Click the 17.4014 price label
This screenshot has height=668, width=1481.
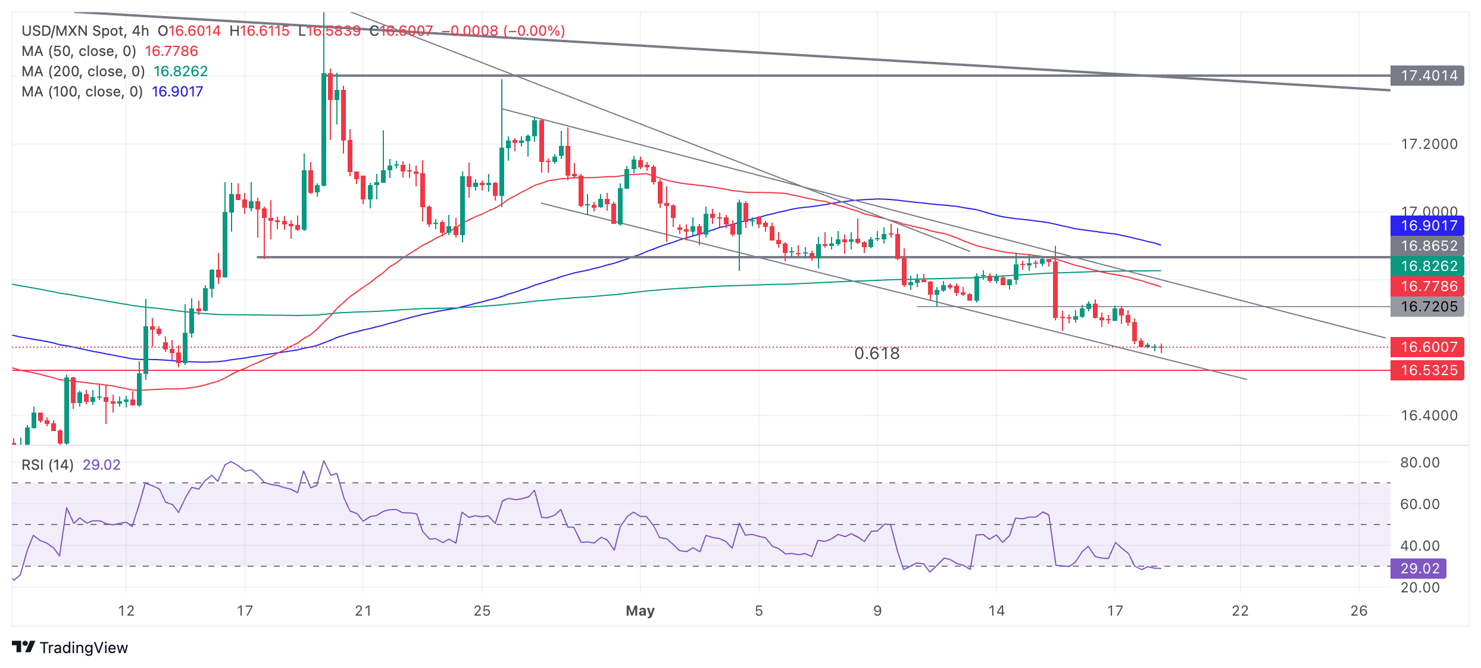point(1427,76)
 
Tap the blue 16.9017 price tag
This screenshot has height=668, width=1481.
point(1427,226)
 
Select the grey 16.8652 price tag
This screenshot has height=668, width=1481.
point(1427,246)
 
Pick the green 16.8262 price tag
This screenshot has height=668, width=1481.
point(1427,266)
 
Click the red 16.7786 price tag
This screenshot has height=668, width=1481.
point(1427,286)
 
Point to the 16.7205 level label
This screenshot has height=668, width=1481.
point(1427,307)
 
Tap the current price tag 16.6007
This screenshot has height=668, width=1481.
point(1427,347)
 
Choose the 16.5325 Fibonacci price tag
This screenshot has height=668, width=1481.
point(1427,370)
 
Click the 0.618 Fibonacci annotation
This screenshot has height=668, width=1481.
point(877,354)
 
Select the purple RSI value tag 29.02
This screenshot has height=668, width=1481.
point(1418,569)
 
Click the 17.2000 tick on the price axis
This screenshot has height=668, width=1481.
point(1429,144)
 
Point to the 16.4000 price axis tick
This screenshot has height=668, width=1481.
point(1429,416)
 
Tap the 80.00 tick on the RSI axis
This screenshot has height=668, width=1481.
point(1420,463)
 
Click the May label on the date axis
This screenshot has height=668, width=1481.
point(640,611)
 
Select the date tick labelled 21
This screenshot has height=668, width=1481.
point(363,611)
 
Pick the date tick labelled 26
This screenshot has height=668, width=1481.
point(1359,611)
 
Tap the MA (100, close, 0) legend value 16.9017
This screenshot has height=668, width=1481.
point(177,92)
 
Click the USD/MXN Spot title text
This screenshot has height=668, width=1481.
point(73,31)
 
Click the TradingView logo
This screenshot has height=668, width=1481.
point(70,647)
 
